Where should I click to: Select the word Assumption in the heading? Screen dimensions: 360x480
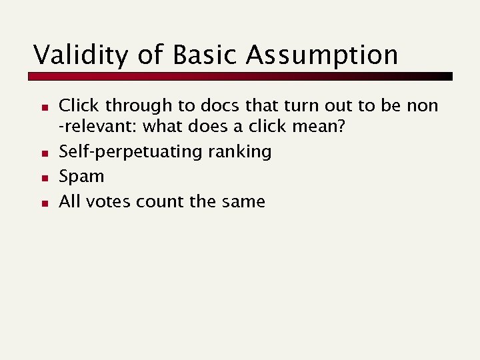[x=321, y=55]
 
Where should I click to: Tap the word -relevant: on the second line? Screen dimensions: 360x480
[x=99, y=126]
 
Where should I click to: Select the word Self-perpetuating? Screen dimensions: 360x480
[x=131, y=152]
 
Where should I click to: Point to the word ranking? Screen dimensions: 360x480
[x=240, y=152]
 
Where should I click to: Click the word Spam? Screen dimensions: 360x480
[x=81, y=177]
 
